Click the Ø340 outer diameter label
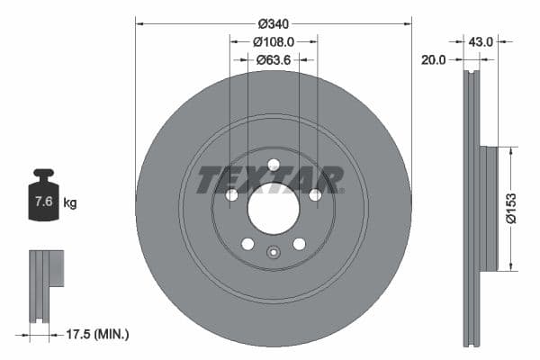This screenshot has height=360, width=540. coord(274,23)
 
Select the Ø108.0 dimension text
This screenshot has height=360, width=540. coord(274,41)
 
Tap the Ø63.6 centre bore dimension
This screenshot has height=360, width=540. coord(274,60)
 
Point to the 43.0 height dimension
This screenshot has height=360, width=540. coord(481,41)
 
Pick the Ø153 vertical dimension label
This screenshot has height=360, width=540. coord(509,207)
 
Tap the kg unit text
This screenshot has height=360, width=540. coord(70,203)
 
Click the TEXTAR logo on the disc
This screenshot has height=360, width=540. coord(270,179)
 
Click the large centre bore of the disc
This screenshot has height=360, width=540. coord(273,210)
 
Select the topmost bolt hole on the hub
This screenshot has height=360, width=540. coord(274,164)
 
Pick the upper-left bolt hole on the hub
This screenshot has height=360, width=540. coord(231,195)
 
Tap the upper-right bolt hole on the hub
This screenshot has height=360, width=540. coord(315,195)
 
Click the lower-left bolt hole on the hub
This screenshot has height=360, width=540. coord(247,244)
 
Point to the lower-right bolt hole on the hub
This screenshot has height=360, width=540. coord(299,244)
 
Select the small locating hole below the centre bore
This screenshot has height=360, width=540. coord(274,252)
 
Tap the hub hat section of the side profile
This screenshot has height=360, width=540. coord(489,207)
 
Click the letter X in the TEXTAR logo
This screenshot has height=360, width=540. coord(255,179)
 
